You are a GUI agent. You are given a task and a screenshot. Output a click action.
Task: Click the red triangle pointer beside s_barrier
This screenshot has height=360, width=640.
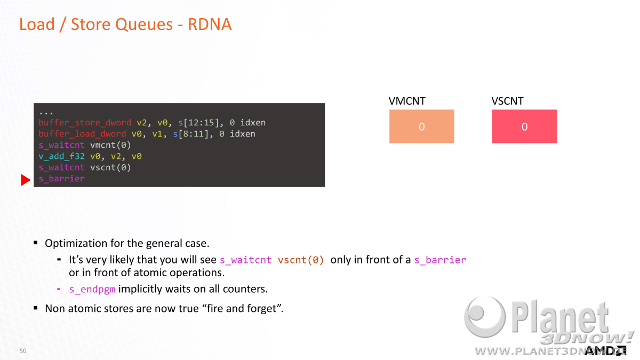[25, 180]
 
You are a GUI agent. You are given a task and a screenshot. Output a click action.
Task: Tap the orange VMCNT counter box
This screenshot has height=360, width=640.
[421, 126]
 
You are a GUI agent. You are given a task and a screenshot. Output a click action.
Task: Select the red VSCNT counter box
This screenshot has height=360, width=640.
[524, 126]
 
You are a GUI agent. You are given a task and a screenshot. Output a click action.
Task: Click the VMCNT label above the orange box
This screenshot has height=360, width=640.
[407, 101]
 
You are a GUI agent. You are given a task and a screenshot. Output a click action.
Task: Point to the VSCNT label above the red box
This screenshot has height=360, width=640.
[507, 101]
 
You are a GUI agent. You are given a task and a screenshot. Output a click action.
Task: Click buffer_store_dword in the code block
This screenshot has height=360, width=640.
[85, 123]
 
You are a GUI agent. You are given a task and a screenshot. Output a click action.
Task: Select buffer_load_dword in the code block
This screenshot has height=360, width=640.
[82, 134]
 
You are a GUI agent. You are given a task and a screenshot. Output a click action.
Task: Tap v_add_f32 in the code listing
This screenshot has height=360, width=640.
[62, 156]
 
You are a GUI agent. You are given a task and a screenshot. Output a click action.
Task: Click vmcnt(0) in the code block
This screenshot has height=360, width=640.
[110, 145]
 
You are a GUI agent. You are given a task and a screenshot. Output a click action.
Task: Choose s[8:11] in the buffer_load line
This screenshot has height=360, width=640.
[191, 134]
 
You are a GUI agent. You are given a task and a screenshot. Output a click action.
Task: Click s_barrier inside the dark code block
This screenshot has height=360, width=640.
[62, 179]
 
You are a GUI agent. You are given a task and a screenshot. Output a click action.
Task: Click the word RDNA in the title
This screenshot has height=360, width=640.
[210, 24]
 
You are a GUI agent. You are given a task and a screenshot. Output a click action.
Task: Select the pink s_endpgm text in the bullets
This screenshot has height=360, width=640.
[92, 289]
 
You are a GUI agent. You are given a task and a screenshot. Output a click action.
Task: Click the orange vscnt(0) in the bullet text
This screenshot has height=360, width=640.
[301, 260]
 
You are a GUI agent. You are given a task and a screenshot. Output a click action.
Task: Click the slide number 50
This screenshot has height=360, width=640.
[23, 350]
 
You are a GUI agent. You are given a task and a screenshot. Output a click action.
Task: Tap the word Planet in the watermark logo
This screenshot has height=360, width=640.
[560, 317]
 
